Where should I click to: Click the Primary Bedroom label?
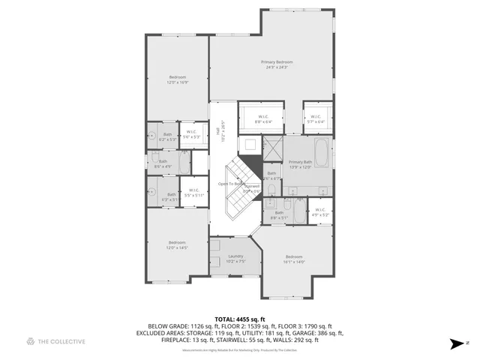click(277, 64)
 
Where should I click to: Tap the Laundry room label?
click(235, 259)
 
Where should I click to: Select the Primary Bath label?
click(300, 164)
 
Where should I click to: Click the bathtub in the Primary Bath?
click(322, 153)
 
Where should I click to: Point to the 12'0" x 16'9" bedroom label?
click(177, 79)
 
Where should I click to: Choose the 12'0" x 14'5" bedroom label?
click(177, 244)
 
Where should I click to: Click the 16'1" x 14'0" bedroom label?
click(294, 259)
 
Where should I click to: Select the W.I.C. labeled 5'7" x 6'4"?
click(315, 118)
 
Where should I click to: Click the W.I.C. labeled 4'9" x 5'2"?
click(320, 212)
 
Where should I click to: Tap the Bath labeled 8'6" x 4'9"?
click(163, 163)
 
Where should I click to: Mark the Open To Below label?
click(231, 184)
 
